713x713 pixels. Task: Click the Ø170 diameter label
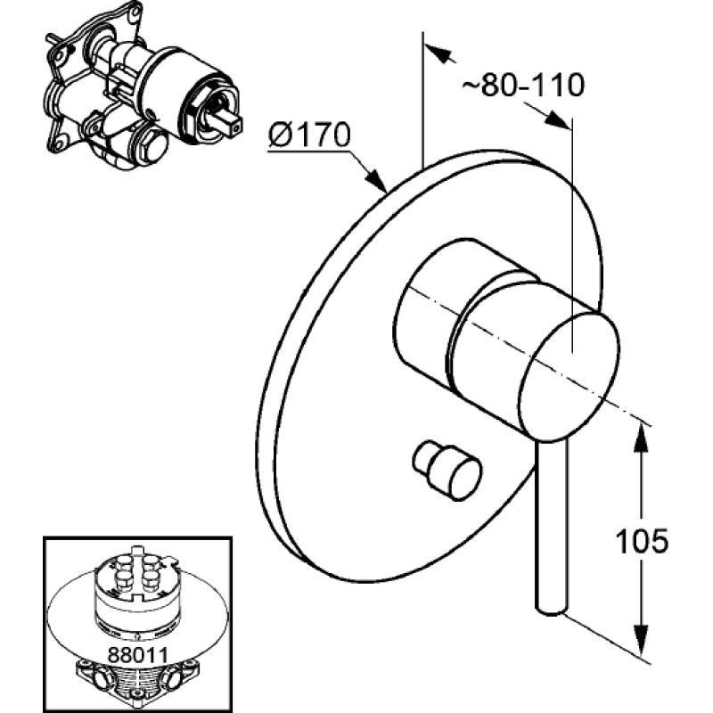tap(309, 135)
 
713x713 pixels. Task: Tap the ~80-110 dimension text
tap(523, 85)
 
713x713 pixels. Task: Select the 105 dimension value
tap(642, 541)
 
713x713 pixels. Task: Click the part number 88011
tap(138, 655)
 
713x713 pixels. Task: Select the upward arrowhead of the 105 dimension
tap(640, 437)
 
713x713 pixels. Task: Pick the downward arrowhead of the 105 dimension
tap(640, 640)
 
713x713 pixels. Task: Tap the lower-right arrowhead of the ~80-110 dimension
tap(558, 119)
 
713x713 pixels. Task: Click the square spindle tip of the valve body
tap(234, 126)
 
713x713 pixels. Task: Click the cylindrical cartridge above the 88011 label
tap(136, 591)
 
